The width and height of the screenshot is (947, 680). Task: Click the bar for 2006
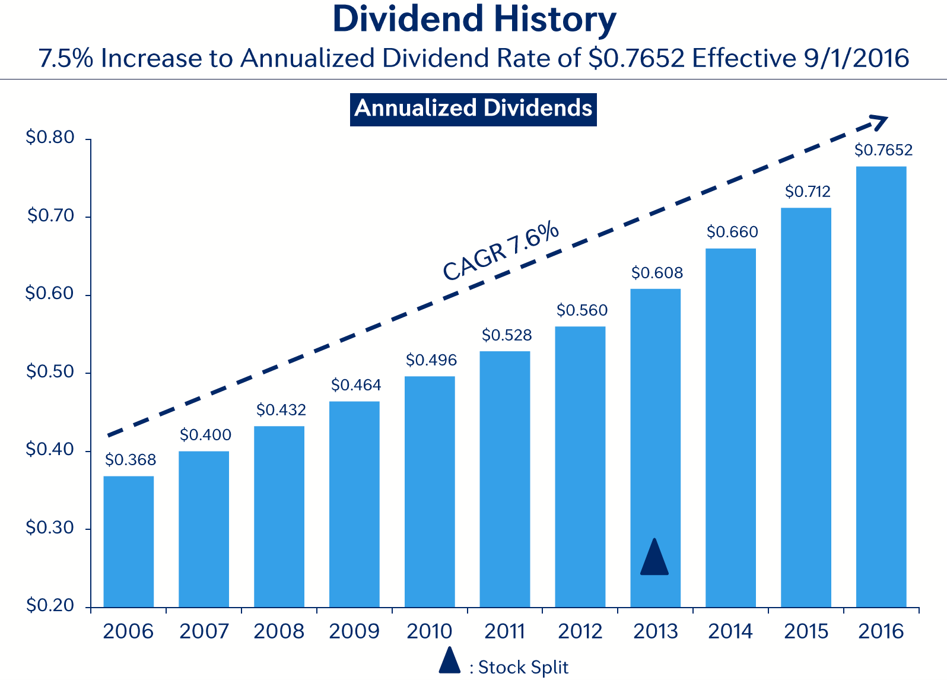coord(128,541)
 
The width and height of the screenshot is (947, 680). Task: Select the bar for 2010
coord(430,491)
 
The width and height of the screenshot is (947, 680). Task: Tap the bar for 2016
coord(881,386)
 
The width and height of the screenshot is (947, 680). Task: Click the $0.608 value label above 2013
coord(657,273)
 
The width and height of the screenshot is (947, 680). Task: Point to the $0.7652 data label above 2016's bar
coord(883,150)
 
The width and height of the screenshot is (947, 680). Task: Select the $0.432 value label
coord(281,410)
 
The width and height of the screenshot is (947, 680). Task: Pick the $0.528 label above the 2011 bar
coord(506,335)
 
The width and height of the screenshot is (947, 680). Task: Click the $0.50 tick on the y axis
coord(50,372)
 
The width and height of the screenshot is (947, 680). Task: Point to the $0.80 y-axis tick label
coord(50,138)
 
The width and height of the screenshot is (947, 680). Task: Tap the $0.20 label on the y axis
coord(50,605)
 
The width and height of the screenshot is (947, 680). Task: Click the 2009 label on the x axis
coord(354,631)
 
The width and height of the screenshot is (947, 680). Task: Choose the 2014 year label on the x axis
coord(730,631)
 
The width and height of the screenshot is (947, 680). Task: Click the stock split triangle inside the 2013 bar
coord(654,558)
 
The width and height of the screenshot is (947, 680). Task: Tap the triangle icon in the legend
coord(450,661)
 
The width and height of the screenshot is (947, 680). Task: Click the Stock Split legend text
coord(523,668)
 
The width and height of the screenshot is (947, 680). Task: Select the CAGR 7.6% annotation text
coord(501,250)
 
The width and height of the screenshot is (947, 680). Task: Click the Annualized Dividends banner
coord(473,109)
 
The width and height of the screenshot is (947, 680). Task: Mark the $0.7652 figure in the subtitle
coord(637,58)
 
